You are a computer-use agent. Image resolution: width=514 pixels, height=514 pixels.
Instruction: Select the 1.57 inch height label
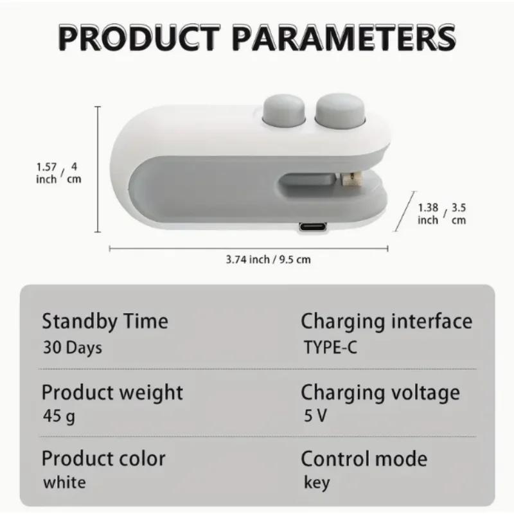[46, 173]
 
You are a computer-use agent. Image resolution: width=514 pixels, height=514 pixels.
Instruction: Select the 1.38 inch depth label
[429, 213]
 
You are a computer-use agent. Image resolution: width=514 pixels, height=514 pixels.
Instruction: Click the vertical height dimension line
[98, 169]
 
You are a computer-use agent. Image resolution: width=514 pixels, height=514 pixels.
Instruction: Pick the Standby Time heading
[105, 320]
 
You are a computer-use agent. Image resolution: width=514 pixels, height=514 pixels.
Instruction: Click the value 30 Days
[72, 348]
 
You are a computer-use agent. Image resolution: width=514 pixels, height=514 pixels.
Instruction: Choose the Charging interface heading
[386, 320]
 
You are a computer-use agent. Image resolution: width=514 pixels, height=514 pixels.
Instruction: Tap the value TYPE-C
[330, 348]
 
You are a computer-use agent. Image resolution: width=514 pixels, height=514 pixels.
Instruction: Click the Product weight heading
[112, 391]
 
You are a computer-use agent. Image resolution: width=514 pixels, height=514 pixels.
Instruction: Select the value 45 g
[59, 417]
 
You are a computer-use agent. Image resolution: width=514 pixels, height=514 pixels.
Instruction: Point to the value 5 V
[315, 416]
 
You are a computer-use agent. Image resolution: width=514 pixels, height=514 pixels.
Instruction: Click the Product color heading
[103, 459]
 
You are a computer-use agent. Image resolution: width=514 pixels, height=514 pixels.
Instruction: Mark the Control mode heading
[364, 459]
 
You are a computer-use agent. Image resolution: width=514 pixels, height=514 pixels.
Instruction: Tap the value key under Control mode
[316, 483]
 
